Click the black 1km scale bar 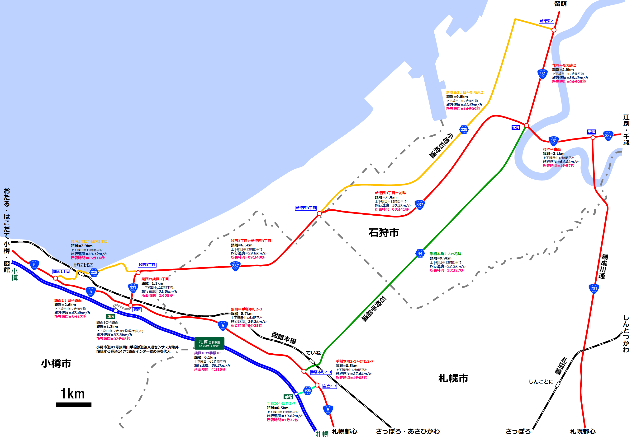[73, 405]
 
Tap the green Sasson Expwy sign [209, 343]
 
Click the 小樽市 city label [56, 363]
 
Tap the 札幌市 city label [453, 378]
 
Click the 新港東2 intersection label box [546, 21]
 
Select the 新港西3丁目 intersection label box [306, 208]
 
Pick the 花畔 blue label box [516, 128]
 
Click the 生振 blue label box [591, 132]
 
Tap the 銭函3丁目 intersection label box [147, 265]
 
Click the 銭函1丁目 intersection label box [61, 271]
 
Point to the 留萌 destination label [560, 4]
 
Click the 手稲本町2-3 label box [321, 372]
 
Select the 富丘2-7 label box [329, 386]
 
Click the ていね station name [313, 353]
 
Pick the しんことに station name [541, 382]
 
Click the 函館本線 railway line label [284, 338]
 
